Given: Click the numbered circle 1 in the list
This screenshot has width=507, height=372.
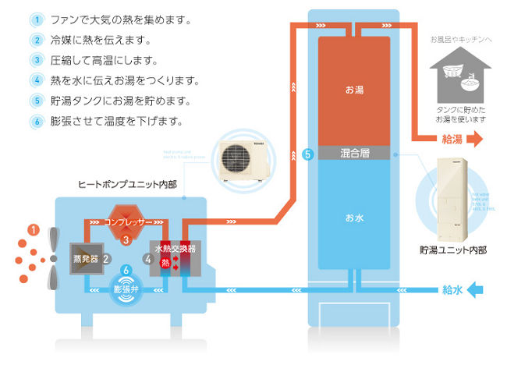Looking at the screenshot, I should point(37,19).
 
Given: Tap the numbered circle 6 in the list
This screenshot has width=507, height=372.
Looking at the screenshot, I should point(37,121).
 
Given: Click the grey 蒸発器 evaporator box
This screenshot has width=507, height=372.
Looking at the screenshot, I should point(85,257).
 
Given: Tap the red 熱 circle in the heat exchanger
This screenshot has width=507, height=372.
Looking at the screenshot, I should point(165,263).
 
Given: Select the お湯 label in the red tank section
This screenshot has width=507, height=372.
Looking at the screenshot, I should point(355,91).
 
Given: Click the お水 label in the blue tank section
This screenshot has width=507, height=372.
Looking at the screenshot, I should point(355,218).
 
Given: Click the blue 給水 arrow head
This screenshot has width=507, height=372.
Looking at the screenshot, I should point(477,291).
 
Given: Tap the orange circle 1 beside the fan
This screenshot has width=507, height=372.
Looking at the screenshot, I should point(33,229).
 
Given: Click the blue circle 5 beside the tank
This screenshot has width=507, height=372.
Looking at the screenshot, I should point(307,154).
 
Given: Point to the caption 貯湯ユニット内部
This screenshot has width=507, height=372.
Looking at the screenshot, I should point(453,251).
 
